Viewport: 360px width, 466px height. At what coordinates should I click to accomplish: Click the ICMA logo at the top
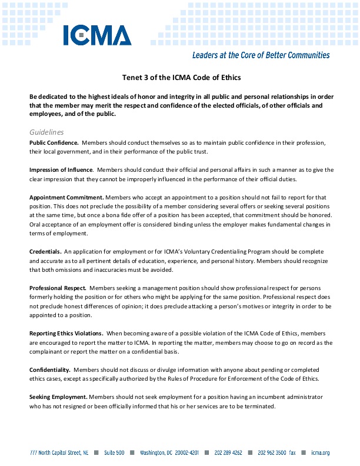[x=98, y=35]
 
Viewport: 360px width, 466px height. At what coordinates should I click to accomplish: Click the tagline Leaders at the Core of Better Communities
[x=261, y=55]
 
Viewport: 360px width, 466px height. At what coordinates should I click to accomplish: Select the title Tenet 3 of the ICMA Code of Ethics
[x=181, y=77]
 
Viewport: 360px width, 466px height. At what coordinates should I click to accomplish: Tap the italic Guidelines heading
[x=46, y=132]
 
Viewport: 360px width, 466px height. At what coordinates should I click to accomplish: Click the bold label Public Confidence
[x=54, y=143]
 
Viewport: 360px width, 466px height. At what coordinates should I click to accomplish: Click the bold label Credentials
[x=45, y=251]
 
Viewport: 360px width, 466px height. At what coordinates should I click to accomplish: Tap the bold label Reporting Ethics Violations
[x=66, y=333]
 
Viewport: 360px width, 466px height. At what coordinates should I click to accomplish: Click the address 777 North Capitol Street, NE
[x=59, y=453]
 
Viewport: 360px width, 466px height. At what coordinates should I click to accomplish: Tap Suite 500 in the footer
[x=114, y=453]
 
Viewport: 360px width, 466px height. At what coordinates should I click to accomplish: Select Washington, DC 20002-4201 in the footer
[x=169, y=453]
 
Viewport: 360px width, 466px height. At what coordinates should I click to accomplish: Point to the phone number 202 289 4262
[x=228, y=453]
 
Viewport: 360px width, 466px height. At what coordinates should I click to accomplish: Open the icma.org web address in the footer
[x=321, y=453]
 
